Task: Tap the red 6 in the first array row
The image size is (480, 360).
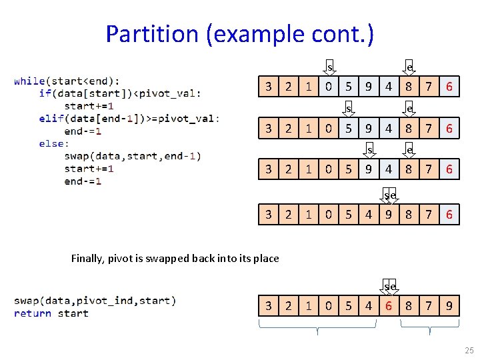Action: pyautogui.click(x=449, y=86)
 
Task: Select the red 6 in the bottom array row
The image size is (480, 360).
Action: pyautogui.click(x=388, y=306)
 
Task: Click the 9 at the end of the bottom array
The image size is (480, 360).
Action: pyautogui.click(x=449, y=306)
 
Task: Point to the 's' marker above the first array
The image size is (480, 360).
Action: pyautogui.click(x=329, y=67)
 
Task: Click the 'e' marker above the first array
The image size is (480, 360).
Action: pyautogui.click(x=409, y=67)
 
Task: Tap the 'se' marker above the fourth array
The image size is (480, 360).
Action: pyautogui.click(x=389, y=195)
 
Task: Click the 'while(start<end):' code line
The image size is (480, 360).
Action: pyautogui.click(x=67, y=81)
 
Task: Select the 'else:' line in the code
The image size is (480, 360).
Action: pyautogui.click(x=53, y=143)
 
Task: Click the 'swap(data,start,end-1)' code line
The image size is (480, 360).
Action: pyautogui.click(x=132, y=156)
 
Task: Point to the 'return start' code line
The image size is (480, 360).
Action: pyautogui.click(x=51, y=313)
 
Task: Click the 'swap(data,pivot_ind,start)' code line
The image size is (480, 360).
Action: pyautogui.click(x=95, y=301)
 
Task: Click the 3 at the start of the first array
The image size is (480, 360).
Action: pyautogui.click(x=268, y=86)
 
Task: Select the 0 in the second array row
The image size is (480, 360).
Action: pyautogui.click(x=328, y=129)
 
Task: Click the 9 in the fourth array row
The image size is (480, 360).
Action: pyautogui.click(x=388, y=215)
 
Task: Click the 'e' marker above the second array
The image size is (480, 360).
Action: pyautogui.click(x=409, y=108)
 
